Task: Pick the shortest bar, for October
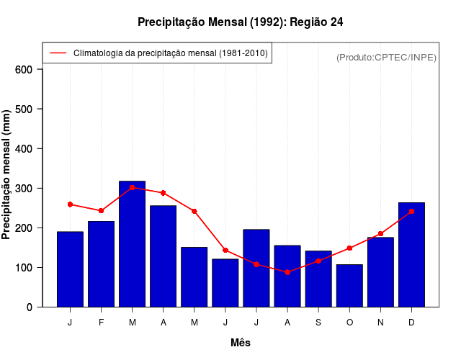(349, 285)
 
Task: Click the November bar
(380, 271)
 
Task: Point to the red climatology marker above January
(70, 204)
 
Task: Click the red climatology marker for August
(287, 272)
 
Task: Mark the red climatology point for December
(411, 212)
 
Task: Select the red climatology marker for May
(194, 211)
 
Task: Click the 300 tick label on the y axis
(24, 189)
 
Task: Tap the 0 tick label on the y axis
(30, 307)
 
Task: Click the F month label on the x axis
(101, 323)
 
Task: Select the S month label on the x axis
(318, 323)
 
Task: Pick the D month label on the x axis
(411, 323)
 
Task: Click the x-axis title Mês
(241, 343)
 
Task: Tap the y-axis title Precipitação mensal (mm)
(7, 175)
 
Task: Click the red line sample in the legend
(58, 53)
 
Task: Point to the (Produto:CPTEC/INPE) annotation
(386, 57)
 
